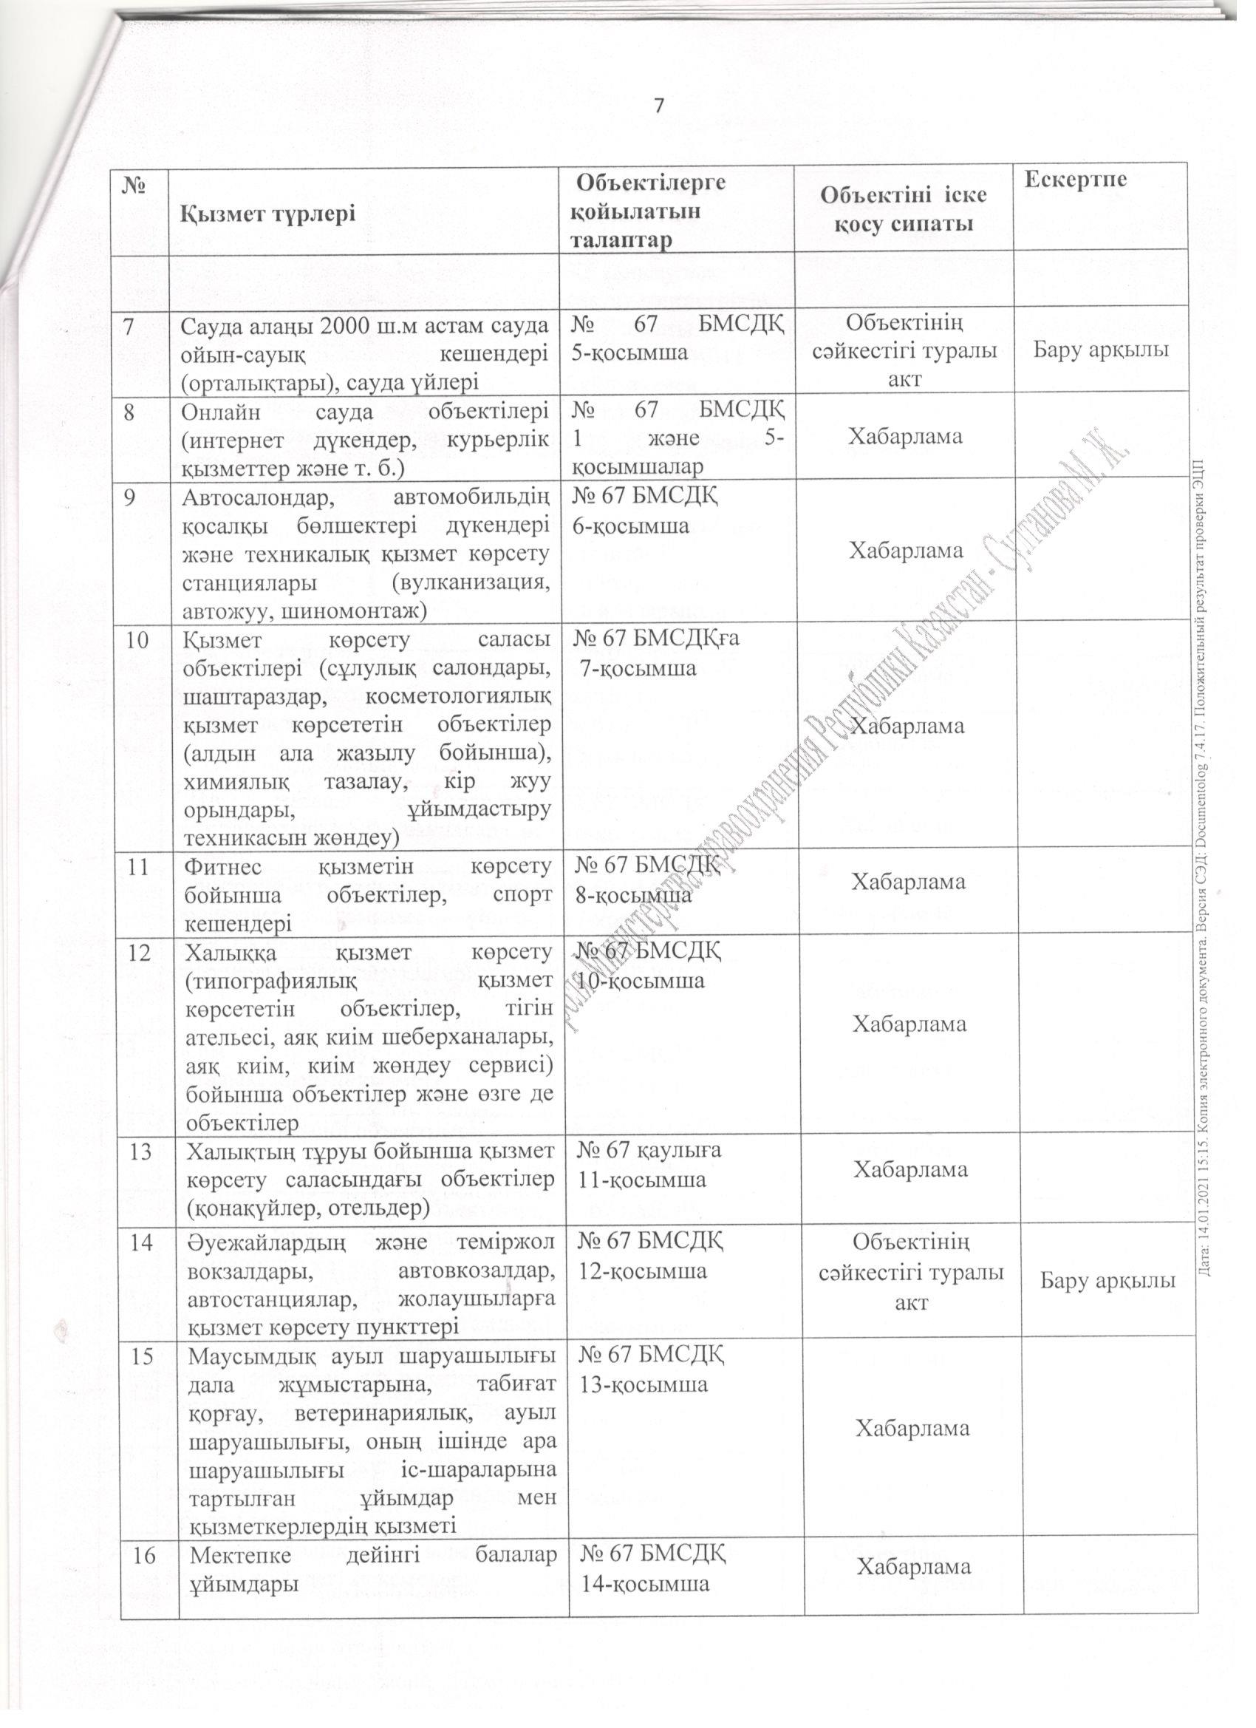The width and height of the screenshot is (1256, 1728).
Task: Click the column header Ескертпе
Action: tap(1075, 180)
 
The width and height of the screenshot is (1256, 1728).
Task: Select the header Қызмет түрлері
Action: tap(268, 214)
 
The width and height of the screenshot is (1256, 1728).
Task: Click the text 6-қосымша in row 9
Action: tap(631, 525)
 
